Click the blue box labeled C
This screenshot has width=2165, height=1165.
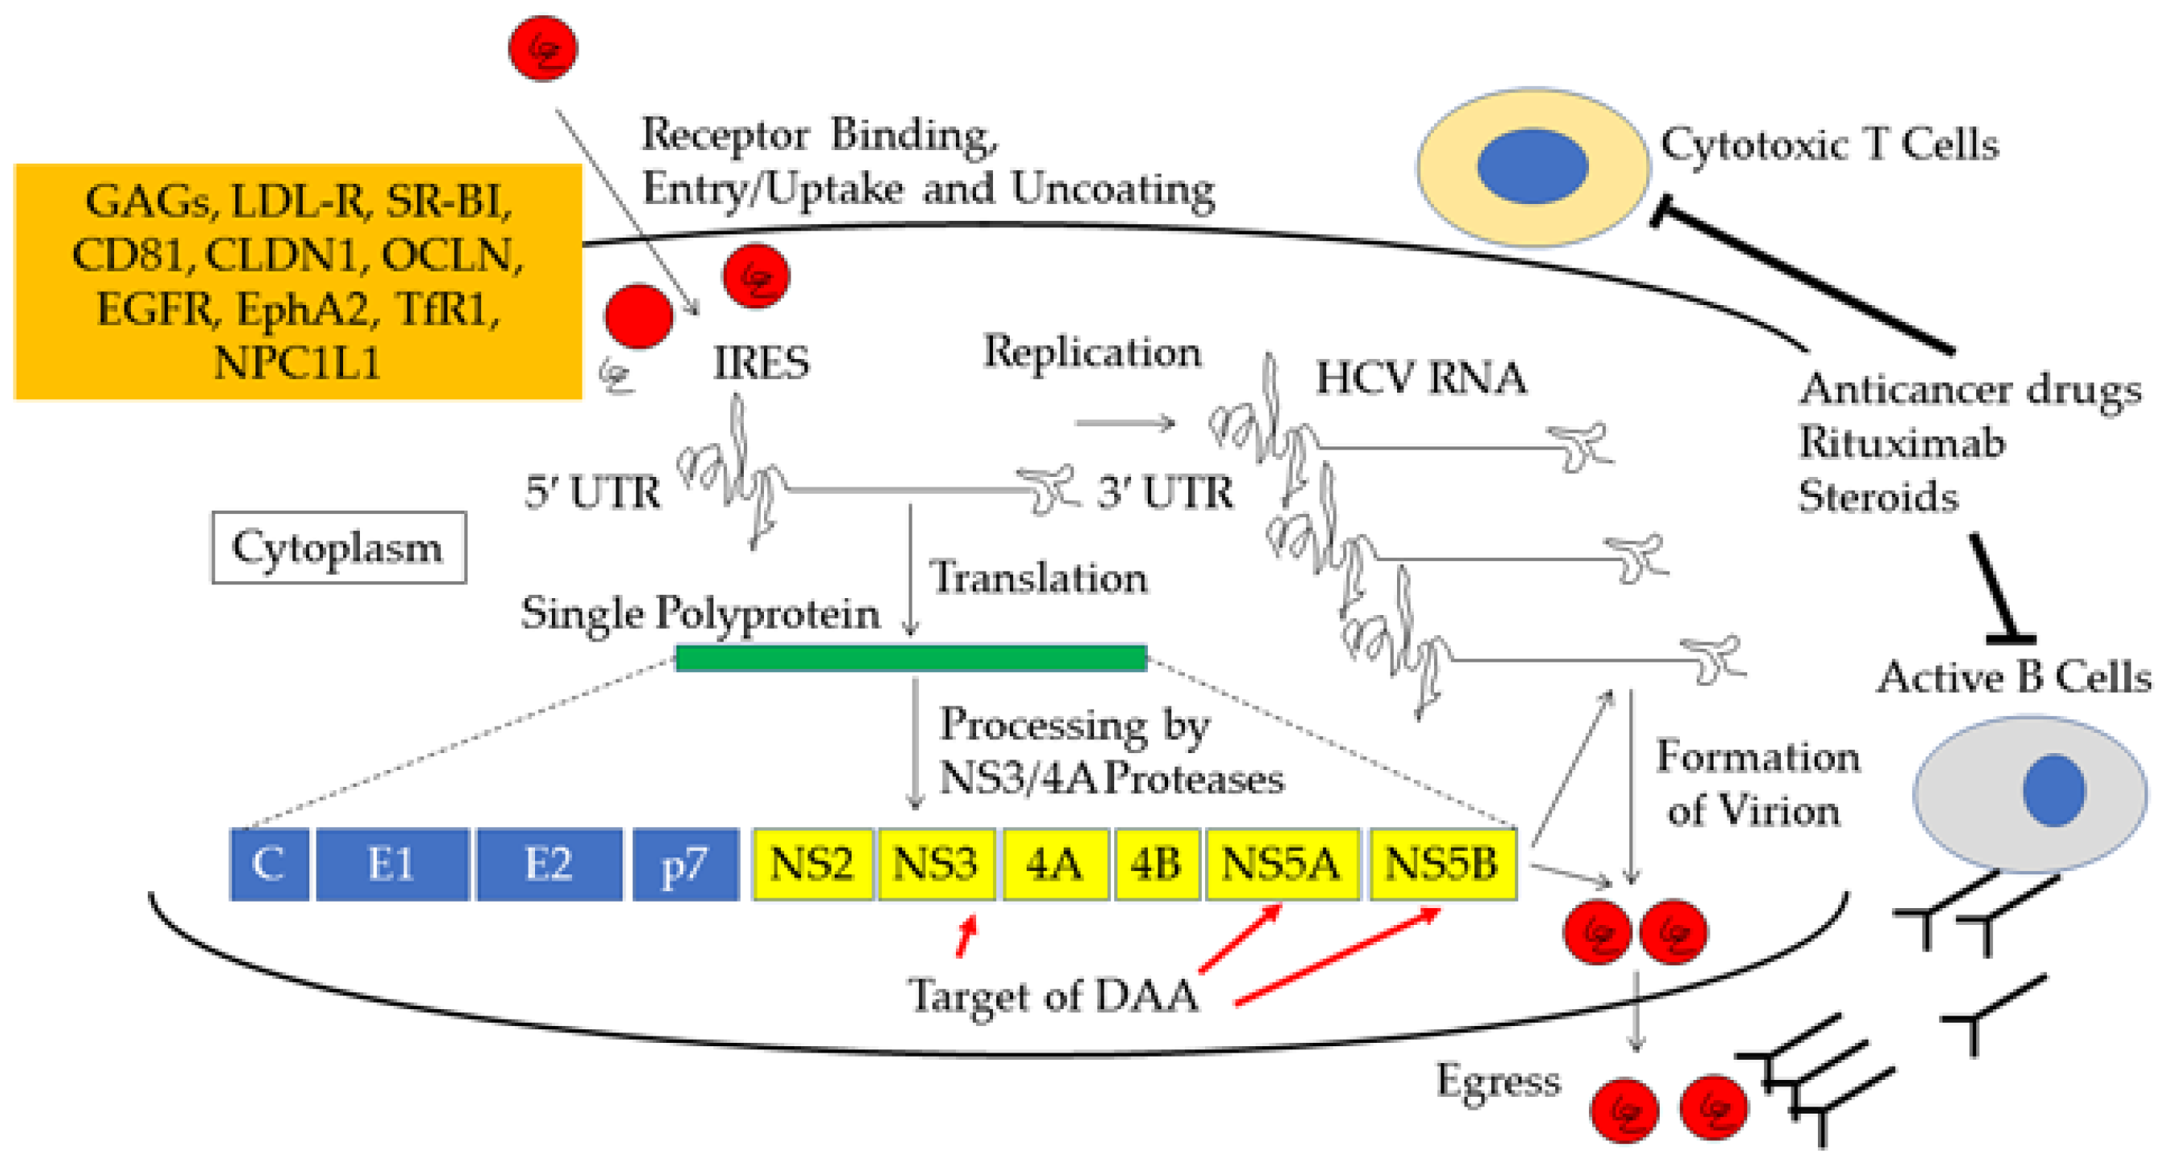pyautogui.click(x=269, y=864)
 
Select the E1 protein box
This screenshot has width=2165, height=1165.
pyautogui.click(x=392, y=864)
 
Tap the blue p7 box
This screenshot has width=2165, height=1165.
pyautogui.click(x=685, y=864)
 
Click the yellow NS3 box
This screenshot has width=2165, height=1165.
pyautogui.click(x=935, y=864)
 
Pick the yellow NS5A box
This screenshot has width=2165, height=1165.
pyautogui.click(x=1281, y=864)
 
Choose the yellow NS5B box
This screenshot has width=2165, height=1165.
pyautogui.click(x=1442, y=864)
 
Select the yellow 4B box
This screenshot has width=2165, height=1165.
pyautogui.click(x=1156, y=864)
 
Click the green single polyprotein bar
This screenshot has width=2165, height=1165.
pyautogui.click(x=911, y=658)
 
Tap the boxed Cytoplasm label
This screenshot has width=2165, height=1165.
pyautogui.click(x=338, y=548)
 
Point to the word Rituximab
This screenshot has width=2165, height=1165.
pyautogui.click(x=1901, y=442)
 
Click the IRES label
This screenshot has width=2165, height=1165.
pyautogui.click(x=762, y=363)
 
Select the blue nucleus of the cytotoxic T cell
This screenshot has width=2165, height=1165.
pyautogui.click(x=1532, y=166)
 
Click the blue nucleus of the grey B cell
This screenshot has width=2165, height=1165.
pyautogui.click(x=2053, y=790)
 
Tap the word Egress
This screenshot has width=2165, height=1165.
pyautogui.click(x=1497, y=1081)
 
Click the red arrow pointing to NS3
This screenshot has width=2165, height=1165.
pyautogui.click(x=966, y=935)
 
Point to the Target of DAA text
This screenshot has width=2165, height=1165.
pyautogui.click(x=1052, y=997)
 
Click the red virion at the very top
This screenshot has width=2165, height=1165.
pyautogui.click(x=543, y=49)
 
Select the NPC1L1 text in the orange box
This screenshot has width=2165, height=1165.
pyautogui.click(x=296, y=364)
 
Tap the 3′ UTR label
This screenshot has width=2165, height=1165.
pyautogui.click(x=1164, y=492)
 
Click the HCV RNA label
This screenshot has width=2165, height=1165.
pyautogui.click(x=1420, y=378)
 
